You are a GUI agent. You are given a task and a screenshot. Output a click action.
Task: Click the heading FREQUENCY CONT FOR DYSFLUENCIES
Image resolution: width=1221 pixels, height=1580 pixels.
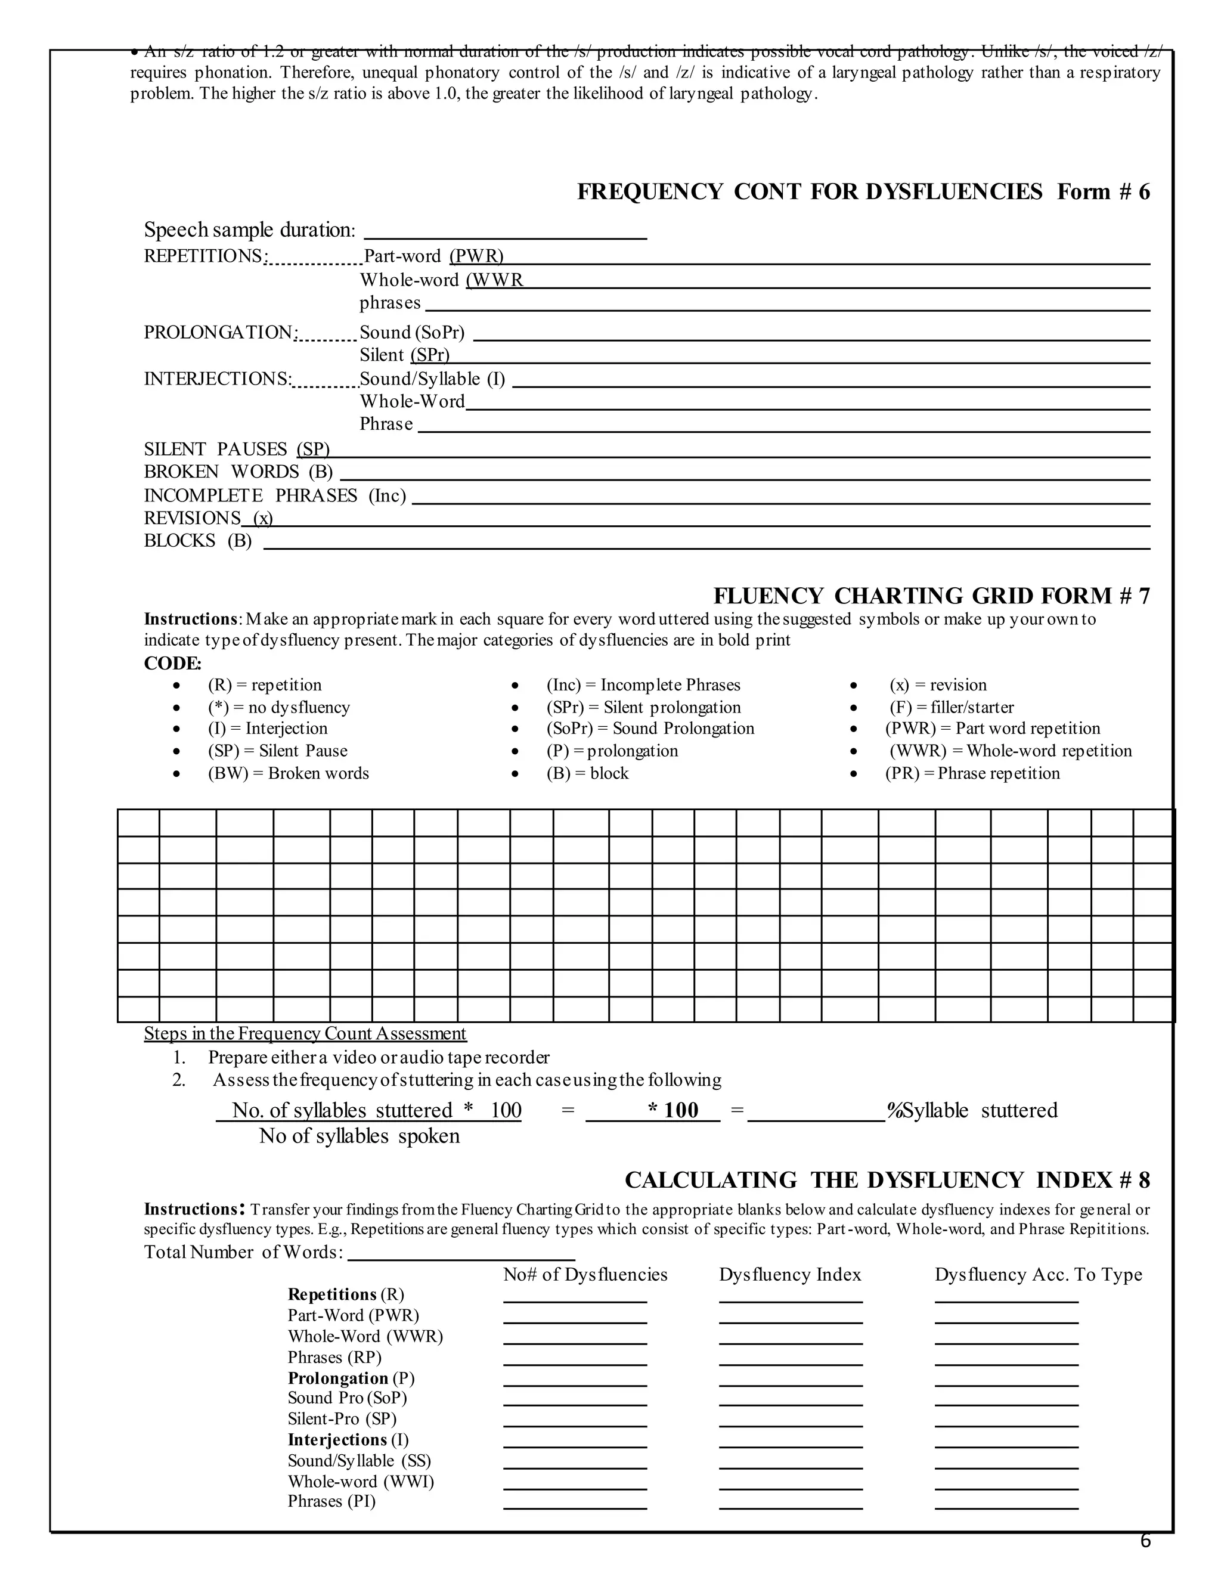point(810,192)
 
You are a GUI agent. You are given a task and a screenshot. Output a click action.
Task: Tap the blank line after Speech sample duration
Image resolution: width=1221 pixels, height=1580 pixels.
point(505,233)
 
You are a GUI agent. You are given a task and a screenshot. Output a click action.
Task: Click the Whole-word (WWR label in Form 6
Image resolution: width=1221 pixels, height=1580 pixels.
point(441,280)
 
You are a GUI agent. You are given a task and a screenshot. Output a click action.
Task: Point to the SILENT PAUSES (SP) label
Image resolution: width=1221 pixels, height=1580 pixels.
point(237,450)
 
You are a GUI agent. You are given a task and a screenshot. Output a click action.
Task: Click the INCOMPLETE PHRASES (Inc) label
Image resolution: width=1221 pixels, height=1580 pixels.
point(275,495)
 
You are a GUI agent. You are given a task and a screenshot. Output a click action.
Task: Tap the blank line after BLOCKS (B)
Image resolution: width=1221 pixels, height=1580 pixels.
point(706,544)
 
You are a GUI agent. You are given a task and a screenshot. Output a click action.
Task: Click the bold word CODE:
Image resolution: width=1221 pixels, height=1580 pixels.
point(173,664)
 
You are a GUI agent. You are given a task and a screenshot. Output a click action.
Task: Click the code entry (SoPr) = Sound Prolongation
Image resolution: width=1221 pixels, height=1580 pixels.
point(650,729)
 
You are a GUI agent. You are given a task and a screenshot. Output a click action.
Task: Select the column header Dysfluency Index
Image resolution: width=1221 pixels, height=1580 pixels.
point(790,1275)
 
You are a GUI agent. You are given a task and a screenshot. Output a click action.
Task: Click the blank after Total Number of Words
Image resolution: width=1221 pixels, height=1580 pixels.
point(461,1255)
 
